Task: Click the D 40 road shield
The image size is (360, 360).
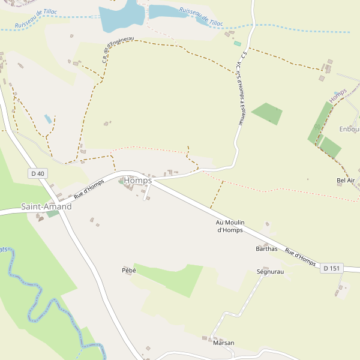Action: tap(37, 173)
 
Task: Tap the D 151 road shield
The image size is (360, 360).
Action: tap(331, 268)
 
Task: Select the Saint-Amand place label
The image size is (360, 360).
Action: tap(46, 206)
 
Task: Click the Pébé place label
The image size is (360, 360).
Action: tap(129, 271)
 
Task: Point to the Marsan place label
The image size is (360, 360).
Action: tap(223, 343)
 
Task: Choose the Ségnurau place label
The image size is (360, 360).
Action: tap(269, 272)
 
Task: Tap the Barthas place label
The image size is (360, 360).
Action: tap(266, 248)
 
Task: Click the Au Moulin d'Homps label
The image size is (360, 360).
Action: tap(230, 226)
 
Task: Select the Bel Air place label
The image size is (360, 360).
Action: tap(346, 180)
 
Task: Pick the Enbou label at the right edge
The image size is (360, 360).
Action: tap(349, 129)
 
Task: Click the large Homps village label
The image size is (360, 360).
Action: tap(137, 181)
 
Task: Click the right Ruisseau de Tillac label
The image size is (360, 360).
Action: tap(201, 16)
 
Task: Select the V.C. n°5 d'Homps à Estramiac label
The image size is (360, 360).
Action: tap(240, 93)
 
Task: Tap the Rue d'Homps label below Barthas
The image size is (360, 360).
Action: tap(300, 257)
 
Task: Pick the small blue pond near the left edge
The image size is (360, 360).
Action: tap(47, 119)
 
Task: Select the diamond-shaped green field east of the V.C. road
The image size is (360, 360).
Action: tap(267, 113)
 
